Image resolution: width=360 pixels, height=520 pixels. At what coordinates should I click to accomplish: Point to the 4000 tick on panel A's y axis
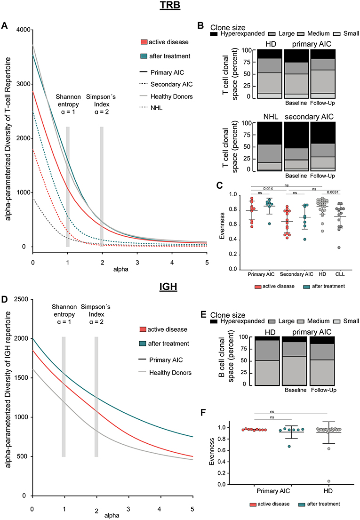point(21,30)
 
